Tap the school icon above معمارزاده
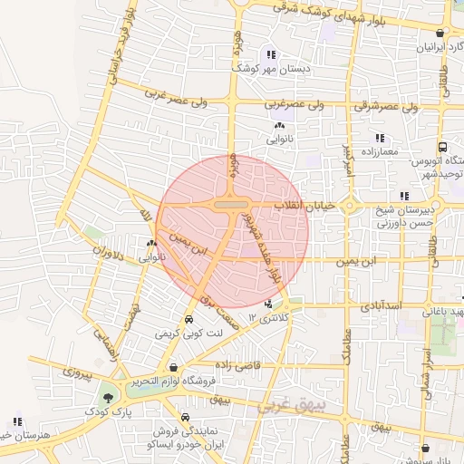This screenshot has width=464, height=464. (379, 139)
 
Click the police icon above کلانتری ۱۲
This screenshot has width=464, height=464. (268, 304)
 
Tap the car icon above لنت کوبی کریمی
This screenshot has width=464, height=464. (188, 320)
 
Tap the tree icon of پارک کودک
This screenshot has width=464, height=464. (109, 396)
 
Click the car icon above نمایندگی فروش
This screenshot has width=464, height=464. (186, 418)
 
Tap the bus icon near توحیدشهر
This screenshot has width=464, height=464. (442, 147)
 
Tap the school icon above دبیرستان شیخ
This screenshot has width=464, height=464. (404, 195)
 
